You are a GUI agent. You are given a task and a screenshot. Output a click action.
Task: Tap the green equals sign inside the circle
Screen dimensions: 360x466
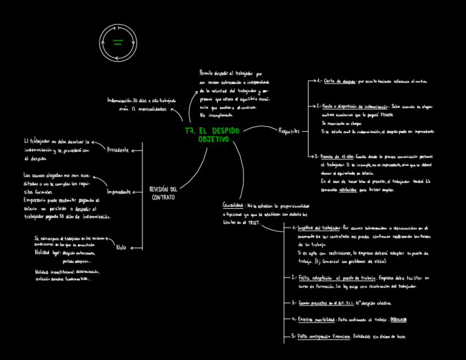tap(118, 42)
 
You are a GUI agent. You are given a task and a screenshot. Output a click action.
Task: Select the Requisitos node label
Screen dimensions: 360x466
tap(289, 131)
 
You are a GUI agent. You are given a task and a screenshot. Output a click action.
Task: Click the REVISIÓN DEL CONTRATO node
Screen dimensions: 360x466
tap(164, 193)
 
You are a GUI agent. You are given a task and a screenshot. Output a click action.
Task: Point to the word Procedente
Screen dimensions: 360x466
tap(118, 149)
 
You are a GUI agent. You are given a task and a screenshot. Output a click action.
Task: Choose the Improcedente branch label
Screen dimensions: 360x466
tap(119, 192)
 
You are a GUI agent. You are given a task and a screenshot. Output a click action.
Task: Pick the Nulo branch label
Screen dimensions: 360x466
tap(121, 247)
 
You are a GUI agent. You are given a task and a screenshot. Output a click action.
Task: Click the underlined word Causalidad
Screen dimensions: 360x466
tap(233, 205)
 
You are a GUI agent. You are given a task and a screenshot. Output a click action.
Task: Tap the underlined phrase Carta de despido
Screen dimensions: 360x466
tap(340, 81)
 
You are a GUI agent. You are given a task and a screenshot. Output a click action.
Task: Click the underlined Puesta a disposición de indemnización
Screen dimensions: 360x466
tap(355, 106)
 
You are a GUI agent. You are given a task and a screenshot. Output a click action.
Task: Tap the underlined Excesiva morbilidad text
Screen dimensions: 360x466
tap(317, 319)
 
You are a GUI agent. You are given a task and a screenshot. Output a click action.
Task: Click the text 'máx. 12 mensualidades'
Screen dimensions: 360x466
tap(143, 109)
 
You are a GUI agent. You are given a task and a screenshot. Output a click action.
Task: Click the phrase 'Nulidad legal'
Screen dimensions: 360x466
tap(47, 253)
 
